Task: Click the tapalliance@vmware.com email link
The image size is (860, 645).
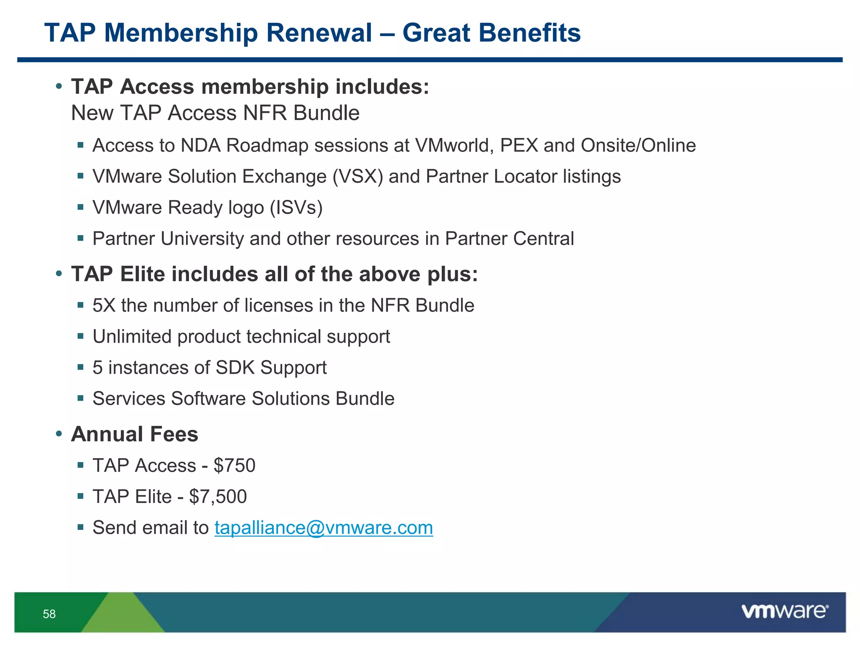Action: click(323, 528)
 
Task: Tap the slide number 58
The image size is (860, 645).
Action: click(49, 614)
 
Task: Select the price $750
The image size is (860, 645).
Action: click(234, 466)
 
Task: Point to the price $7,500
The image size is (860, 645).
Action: click(218, 497)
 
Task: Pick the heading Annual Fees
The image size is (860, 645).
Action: click(134, 434)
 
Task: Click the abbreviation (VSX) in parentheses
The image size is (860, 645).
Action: click(358, 176)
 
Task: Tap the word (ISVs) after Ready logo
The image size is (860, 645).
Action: click(296, 207)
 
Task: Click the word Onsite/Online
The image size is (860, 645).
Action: click(638, 145)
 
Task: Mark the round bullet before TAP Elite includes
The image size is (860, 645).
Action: click(59, 274)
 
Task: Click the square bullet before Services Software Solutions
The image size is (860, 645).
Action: click(81, 398)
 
